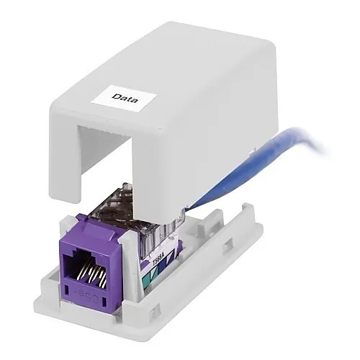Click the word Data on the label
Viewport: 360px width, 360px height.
[x=125, y=95]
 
